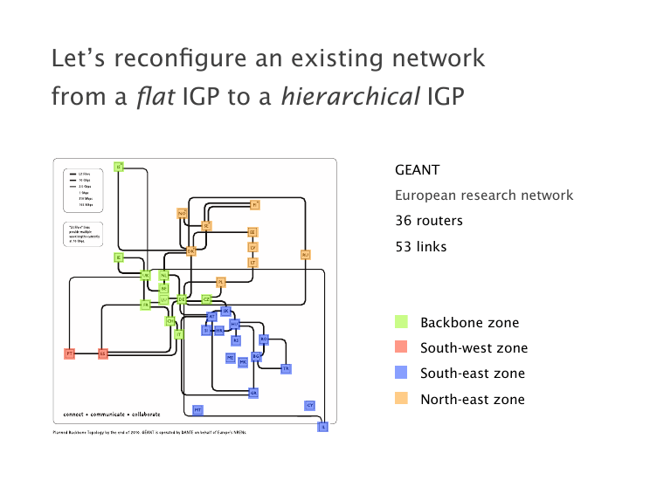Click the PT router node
pos(69,353)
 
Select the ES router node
pos(102,353)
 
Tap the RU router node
pos(305,255)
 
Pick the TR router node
pos(285,369)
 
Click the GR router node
pos(253,394)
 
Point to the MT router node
pos(197,409)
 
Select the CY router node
pos(309,406)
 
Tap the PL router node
pos(221,282)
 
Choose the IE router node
pos(119,257)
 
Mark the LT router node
pos(253,262)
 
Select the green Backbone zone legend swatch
pos(401,323)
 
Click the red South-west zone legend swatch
pos(401,348)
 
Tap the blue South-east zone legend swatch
pos(401,374)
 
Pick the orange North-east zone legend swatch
pos(401,399)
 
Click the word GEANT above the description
pos(417,170)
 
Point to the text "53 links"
pos(420,247)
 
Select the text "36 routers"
pos(427,222)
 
